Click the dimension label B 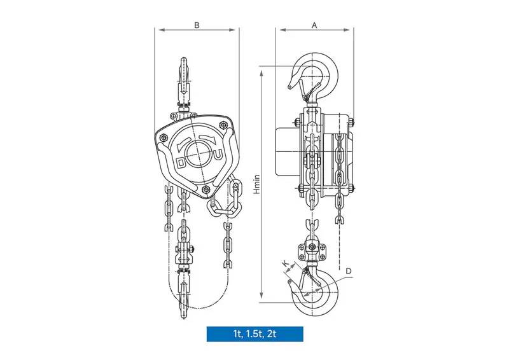(197, 25)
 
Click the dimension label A (314, 25)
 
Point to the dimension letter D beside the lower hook (349, 271)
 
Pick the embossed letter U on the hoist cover (218, 154)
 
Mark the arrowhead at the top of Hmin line (262, 69)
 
